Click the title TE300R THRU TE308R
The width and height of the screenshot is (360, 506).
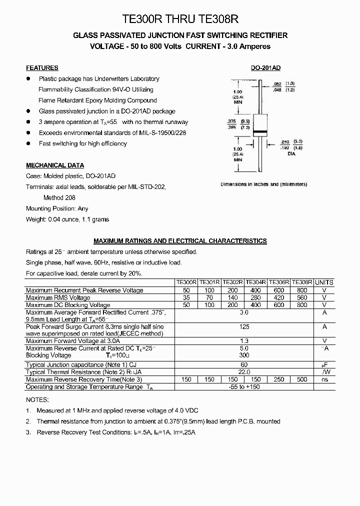click(x=180, y=19)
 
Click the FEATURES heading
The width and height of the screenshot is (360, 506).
click(x=42, y=68)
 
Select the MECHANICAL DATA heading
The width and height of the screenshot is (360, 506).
click(x=55, y=165)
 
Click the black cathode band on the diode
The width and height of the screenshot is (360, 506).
click(x=259, y=132)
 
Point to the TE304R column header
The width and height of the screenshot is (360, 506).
click(x=255, y=282)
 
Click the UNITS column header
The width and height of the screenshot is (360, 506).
click(x=324, y=282)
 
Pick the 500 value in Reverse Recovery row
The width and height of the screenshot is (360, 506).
click(x=302, y=379)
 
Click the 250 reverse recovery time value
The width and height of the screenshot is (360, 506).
click(x=279, y=379)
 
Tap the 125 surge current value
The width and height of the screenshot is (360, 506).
click(x=244, y=326)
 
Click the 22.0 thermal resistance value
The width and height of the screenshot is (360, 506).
click(x=244, y=372)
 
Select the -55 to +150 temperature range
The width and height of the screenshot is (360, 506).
click(x=244, y=387)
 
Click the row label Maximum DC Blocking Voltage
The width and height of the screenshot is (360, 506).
click(x=68, y=305)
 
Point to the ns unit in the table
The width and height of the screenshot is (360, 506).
click(x=324, y=379)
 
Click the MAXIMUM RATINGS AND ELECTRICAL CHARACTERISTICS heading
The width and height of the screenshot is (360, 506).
click(x=180, y=241)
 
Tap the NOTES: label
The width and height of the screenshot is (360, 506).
click(x=37, y=400)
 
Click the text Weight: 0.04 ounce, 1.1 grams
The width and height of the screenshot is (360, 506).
click(x=67, y=219)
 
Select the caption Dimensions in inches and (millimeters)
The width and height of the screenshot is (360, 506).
click(x=264, y=184)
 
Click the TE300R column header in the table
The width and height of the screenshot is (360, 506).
click(x=186, y=282)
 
